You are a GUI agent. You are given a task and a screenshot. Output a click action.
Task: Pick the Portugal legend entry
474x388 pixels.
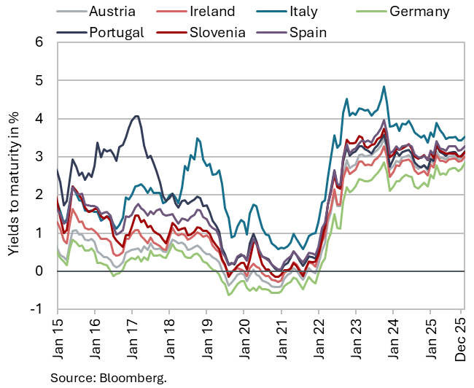pos(117,31)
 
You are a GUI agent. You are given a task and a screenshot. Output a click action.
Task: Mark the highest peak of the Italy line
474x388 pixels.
pos(384,87)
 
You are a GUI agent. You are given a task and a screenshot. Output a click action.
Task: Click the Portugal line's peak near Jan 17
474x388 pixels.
pos(135,116)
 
